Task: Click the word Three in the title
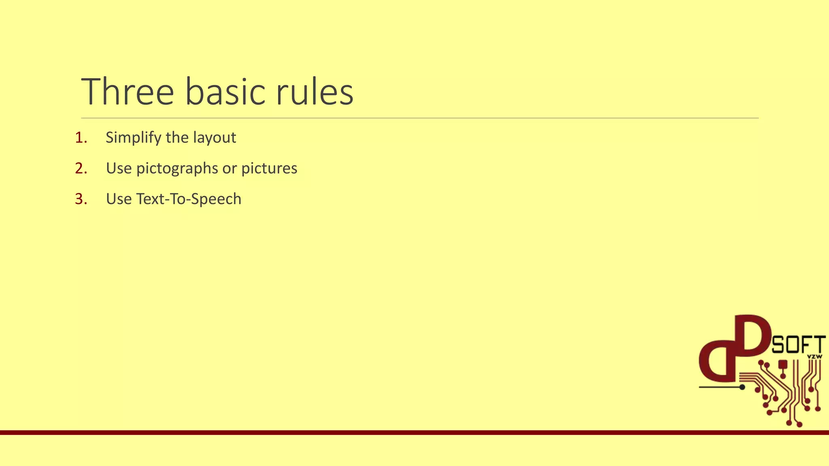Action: pos(128,92)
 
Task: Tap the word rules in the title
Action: pos(315,92)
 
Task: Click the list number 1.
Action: pos(81,138)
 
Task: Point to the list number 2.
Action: pos(81,169)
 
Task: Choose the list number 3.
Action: pos(81,199)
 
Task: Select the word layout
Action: pos(214,138)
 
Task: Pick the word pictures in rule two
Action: pos(269,169)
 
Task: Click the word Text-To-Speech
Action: pos(189,199)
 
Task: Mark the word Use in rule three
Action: pos(119,199)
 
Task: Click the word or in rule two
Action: pos(230,169)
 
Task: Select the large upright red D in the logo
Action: pos(751,336)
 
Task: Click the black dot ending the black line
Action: pos(742,387)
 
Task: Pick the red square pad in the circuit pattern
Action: pos(783,364)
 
